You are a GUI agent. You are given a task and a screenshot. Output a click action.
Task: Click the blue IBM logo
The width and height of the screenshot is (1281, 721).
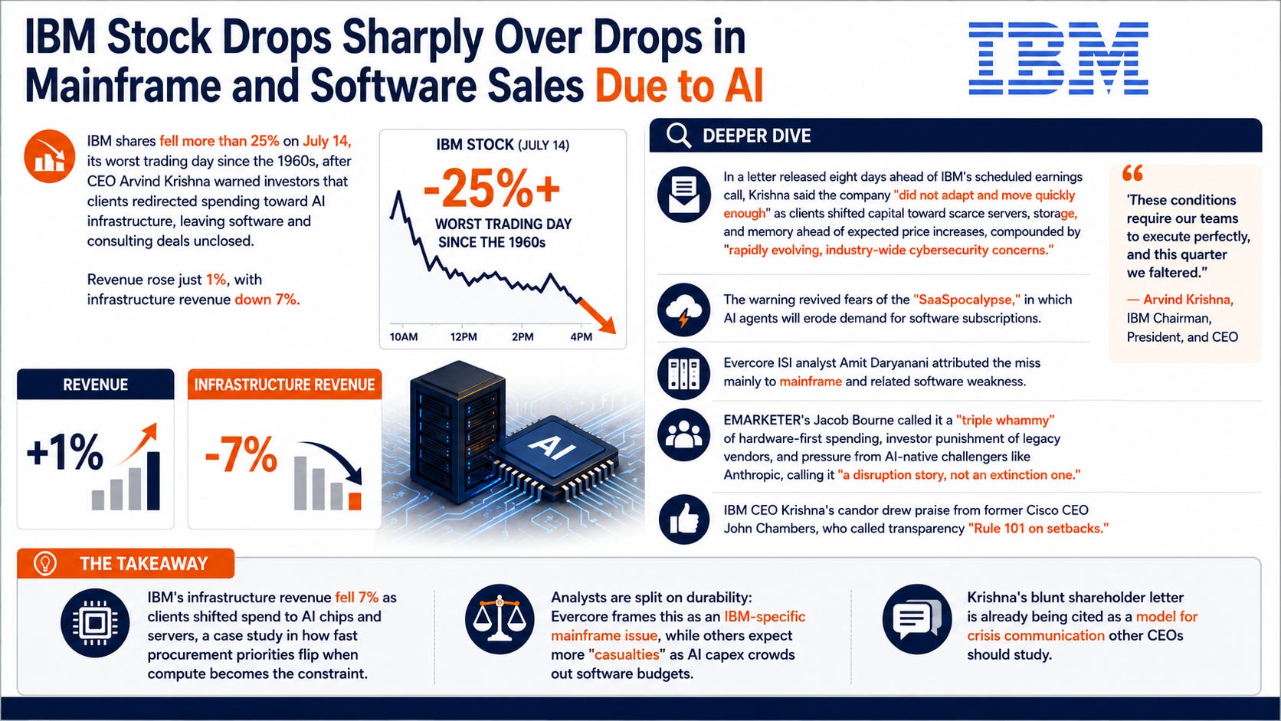[1058, 57]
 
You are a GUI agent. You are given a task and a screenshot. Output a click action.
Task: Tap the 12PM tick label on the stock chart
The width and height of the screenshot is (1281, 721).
[464, 337]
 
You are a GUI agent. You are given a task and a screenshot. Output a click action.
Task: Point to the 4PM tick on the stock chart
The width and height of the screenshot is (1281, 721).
[581, 337]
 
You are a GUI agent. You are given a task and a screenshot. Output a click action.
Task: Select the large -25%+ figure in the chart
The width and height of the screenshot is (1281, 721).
[491, 188]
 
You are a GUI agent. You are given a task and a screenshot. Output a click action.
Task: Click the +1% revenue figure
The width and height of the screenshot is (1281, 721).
[64, 452]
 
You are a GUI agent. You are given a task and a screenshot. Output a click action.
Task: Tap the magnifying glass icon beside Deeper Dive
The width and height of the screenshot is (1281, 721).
[679, 136]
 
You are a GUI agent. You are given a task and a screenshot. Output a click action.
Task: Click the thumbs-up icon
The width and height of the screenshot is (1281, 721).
[684, 519]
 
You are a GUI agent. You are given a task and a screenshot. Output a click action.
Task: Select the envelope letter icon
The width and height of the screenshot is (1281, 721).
[684, 195]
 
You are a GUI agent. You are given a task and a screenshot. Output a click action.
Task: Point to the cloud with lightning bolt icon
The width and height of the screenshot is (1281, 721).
[684, 310]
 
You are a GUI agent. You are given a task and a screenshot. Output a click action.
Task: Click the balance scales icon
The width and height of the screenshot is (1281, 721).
[500, 619]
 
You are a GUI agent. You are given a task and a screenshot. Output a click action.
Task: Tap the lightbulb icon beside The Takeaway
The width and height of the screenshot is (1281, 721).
[44, 563]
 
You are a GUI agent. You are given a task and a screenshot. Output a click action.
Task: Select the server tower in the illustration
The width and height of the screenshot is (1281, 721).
[458, 431]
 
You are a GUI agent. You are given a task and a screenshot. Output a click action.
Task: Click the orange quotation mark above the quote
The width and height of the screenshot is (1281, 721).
[1133, 172]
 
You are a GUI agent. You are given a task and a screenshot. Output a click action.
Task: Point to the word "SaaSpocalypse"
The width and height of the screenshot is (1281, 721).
[966, 300]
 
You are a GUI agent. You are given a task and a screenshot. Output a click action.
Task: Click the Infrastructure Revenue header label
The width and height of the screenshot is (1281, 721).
[284, 385]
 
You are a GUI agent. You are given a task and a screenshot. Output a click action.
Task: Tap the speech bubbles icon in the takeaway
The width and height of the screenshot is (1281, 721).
[917, 619]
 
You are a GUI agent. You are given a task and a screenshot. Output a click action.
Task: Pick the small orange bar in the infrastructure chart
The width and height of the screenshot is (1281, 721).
[355, 501]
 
